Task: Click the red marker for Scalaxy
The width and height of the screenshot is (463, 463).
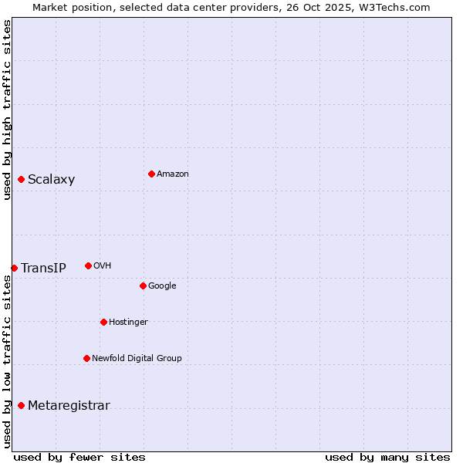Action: coord(21,180)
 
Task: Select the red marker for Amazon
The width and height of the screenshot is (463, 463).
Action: coord(151,174)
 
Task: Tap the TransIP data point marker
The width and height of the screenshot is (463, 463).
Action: coord(14,268)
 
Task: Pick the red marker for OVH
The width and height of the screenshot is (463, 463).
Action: coord(88,265)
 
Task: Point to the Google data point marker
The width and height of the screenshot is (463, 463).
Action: coord(143,286)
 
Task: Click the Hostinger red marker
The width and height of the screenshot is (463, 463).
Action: coord(103,322)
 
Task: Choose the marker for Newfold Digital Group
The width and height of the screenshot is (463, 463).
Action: coord(86,358)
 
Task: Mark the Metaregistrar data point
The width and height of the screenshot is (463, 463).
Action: coord(21,406)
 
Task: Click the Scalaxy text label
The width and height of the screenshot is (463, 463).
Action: coord(51,180)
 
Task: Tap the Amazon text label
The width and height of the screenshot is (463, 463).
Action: coord(172,174)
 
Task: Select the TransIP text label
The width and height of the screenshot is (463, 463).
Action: coord(43,268)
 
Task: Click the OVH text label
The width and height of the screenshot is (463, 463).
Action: coord(102,265)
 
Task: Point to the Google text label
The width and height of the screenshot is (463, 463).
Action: coord(162,286)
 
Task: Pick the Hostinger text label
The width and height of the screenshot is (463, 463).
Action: coord(128,322)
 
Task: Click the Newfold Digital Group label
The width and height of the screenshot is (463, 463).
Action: coord(137,358)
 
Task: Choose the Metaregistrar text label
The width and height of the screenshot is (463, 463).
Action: coord(69,406)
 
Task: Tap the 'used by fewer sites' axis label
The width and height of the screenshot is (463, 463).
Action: coord(79,457)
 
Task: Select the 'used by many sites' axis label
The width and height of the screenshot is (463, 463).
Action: coord(387,457)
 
